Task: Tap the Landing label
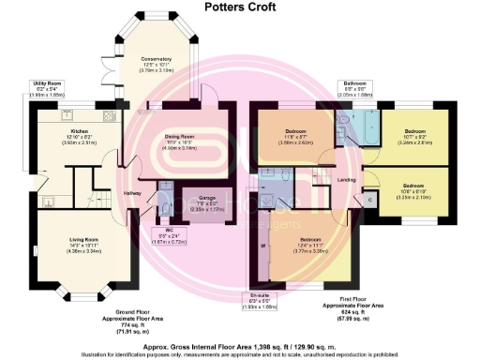[346, 180]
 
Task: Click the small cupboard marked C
[369, 200]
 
